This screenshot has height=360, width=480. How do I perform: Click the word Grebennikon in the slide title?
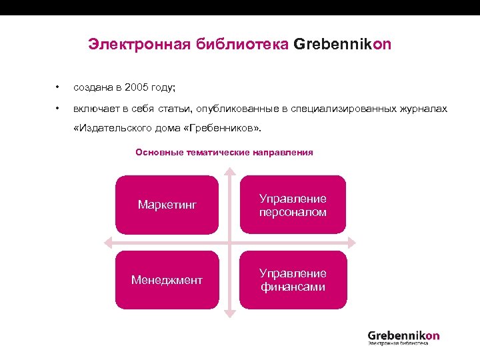pos(342,45)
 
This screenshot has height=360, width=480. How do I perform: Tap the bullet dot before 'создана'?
pos(58,87)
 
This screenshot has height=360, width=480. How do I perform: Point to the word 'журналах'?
pos(425,109)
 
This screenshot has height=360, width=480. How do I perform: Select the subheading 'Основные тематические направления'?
pos(224,153)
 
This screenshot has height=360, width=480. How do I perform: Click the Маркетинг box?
pos(167,205)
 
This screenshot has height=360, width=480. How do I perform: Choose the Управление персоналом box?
pos(293,205)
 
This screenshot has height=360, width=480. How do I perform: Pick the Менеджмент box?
pos(167,280)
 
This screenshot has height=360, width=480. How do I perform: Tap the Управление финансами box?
pos(293,280)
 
